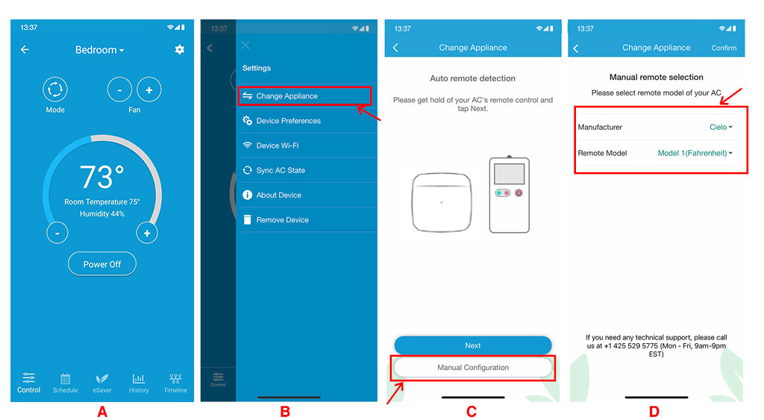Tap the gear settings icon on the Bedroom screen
click(180, 49)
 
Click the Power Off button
click(101, 264)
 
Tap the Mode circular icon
click(55, 90)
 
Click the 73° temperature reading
click(101, 176)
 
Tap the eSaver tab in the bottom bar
click(101, 383)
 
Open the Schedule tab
click(66, 383)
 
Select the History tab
click(138, 383)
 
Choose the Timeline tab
click(175, 383)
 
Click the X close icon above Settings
click(245, 46)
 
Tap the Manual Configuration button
click(472, 367)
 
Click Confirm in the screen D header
click(724, 48)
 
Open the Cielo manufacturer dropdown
click(721, 127)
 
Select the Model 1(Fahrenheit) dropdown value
click(695, 153)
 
